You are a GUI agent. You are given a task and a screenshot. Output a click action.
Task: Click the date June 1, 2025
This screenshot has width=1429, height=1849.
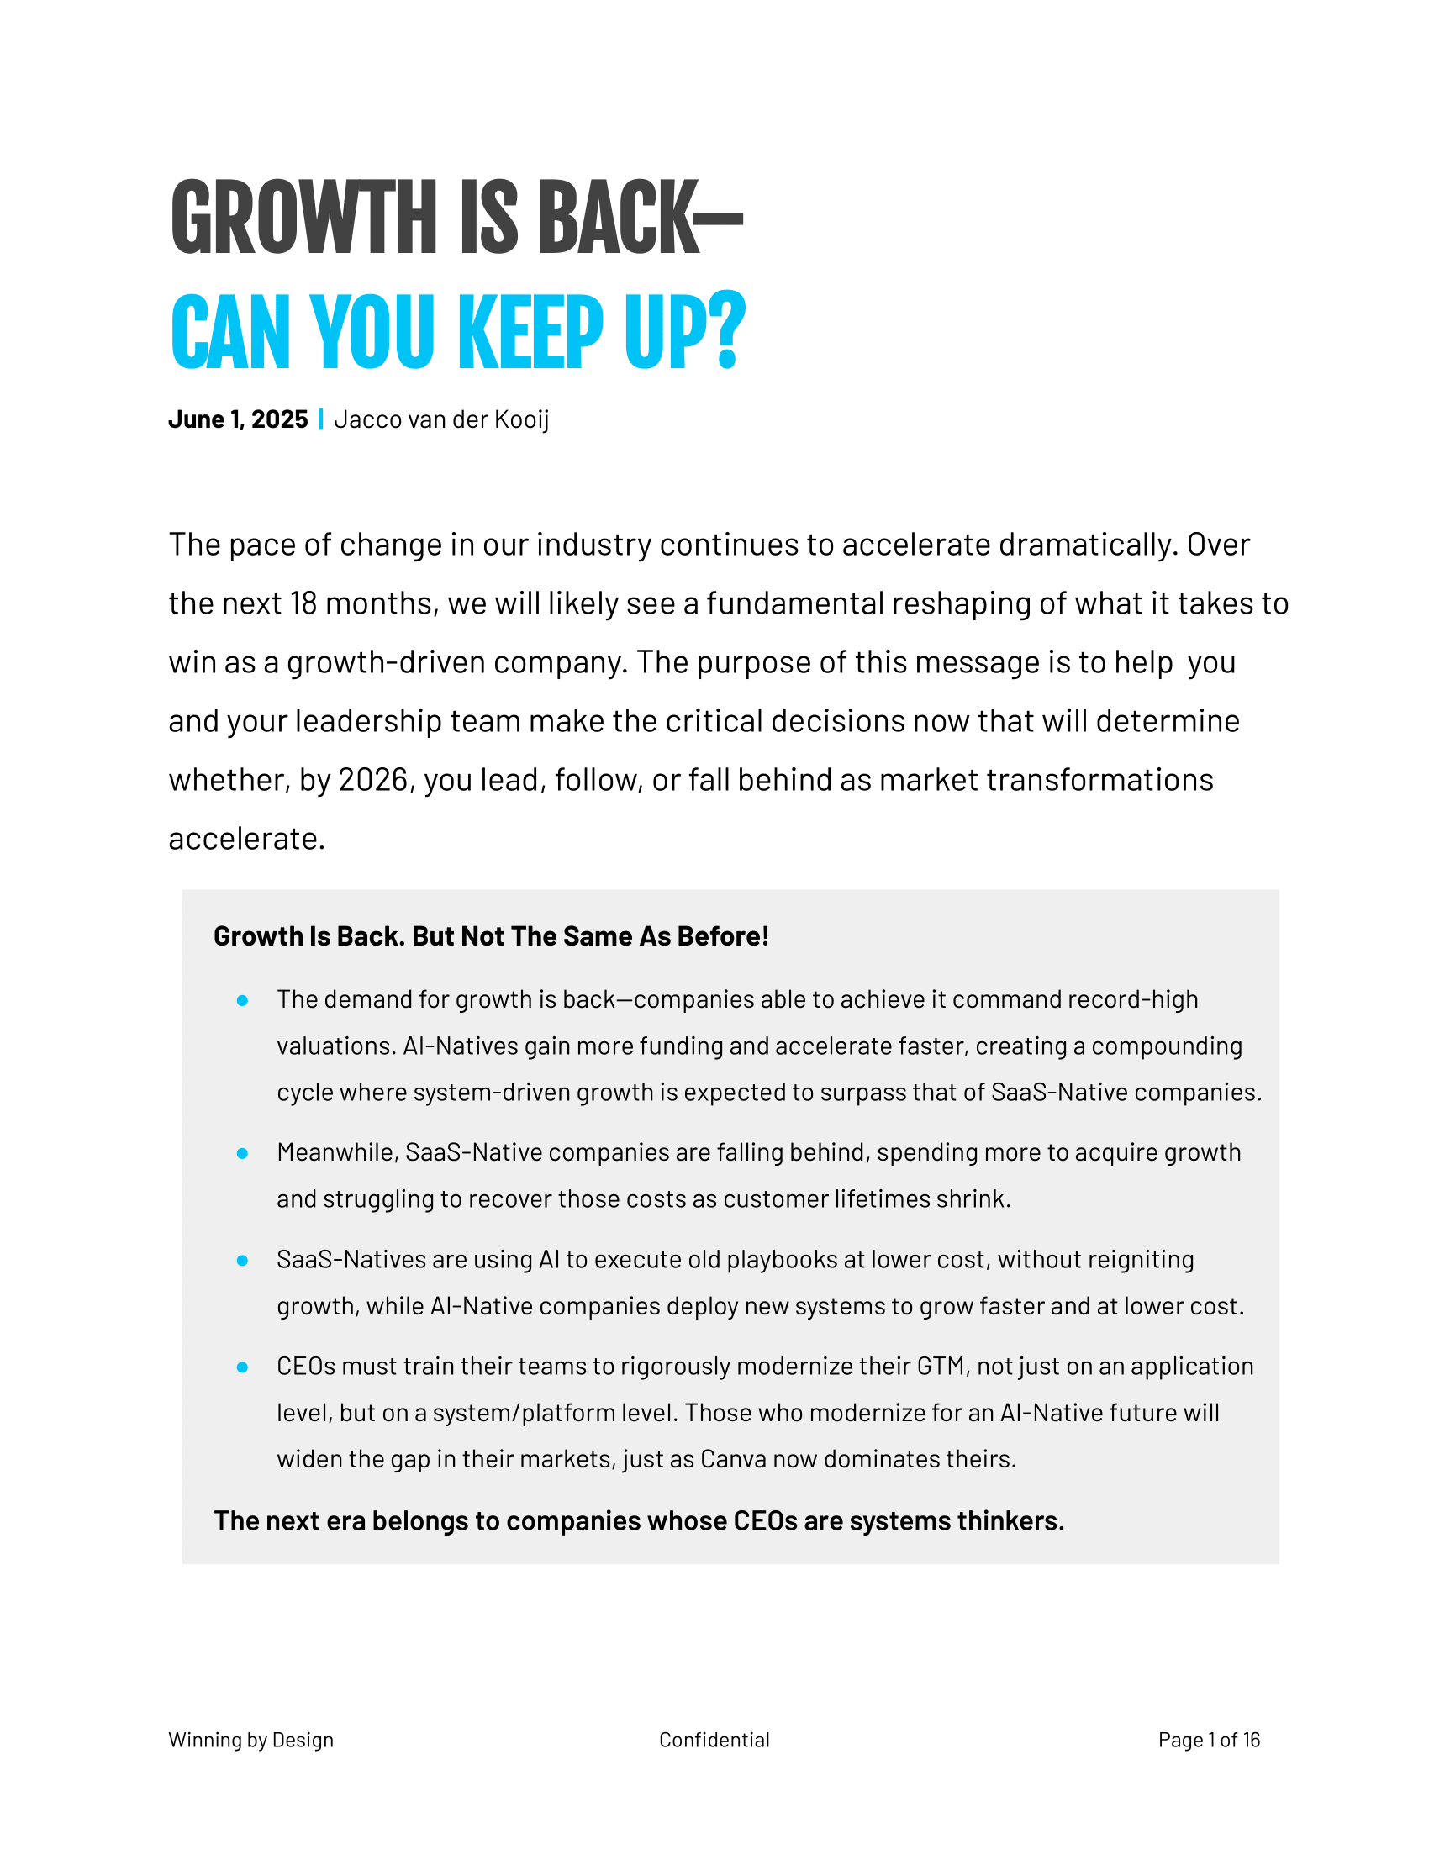point(238,420)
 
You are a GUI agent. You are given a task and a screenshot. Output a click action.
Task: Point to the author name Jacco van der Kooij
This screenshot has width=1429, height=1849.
point(441,420)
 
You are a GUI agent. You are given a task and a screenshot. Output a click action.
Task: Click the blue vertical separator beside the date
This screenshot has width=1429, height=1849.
point(321,420)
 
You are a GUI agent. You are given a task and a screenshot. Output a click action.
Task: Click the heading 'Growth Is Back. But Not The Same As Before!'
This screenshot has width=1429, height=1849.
point(491,936)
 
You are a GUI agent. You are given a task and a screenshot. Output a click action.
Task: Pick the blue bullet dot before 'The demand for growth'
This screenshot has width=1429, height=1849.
point(242,1001)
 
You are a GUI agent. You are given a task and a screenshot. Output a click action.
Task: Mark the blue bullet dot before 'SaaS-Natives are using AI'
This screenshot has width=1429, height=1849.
point(242,1261)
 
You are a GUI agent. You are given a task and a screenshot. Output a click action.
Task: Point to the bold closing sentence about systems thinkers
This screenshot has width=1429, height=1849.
point(638,1520)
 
